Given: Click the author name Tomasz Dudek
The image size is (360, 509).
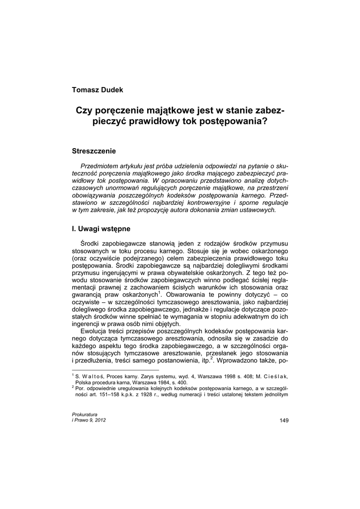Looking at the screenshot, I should (x=97, y=89).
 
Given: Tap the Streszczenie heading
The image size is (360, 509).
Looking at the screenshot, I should (x=94, y=150).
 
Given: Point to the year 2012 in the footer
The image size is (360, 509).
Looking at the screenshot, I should (x=99, y=420).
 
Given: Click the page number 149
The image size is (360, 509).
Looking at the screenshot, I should (x=284, y=421).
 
